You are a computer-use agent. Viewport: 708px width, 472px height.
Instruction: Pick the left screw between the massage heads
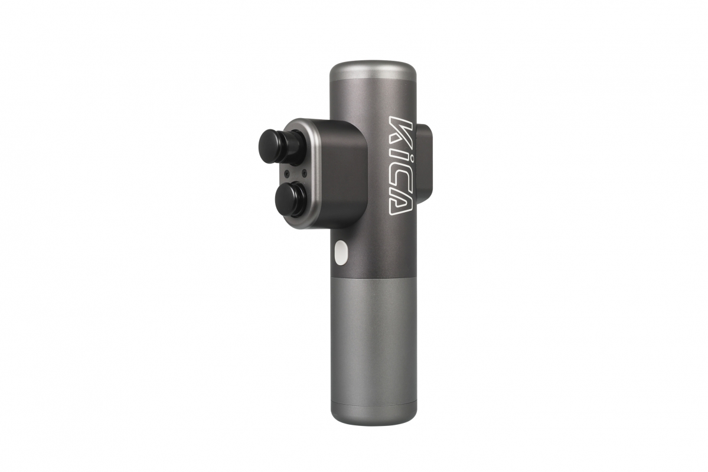coord(287,172)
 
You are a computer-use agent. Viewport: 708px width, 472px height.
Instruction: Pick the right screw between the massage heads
coord(305,172)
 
